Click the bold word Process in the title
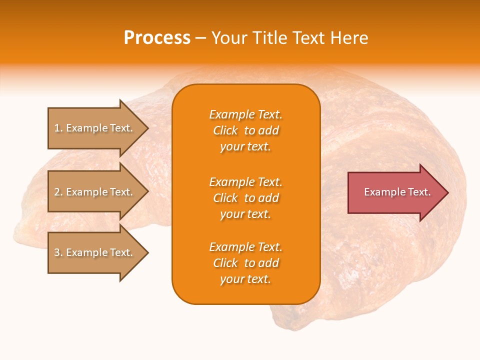(157, 38)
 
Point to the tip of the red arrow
(447, 192)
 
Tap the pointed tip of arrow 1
(147, 128)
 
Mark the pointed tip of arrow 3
(147, 252)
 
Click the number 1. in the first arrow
(58, 128)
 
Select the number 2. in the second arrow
(58, 192)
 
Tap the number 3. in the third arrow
(58, 252)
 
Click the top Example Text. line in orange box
(245, 114)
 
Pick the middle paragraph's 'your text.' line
(245, 214)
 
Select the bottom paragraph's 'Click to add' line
(245, 263)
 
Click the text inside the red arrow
(397, 192)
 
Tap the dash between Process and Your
(200, 38)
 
